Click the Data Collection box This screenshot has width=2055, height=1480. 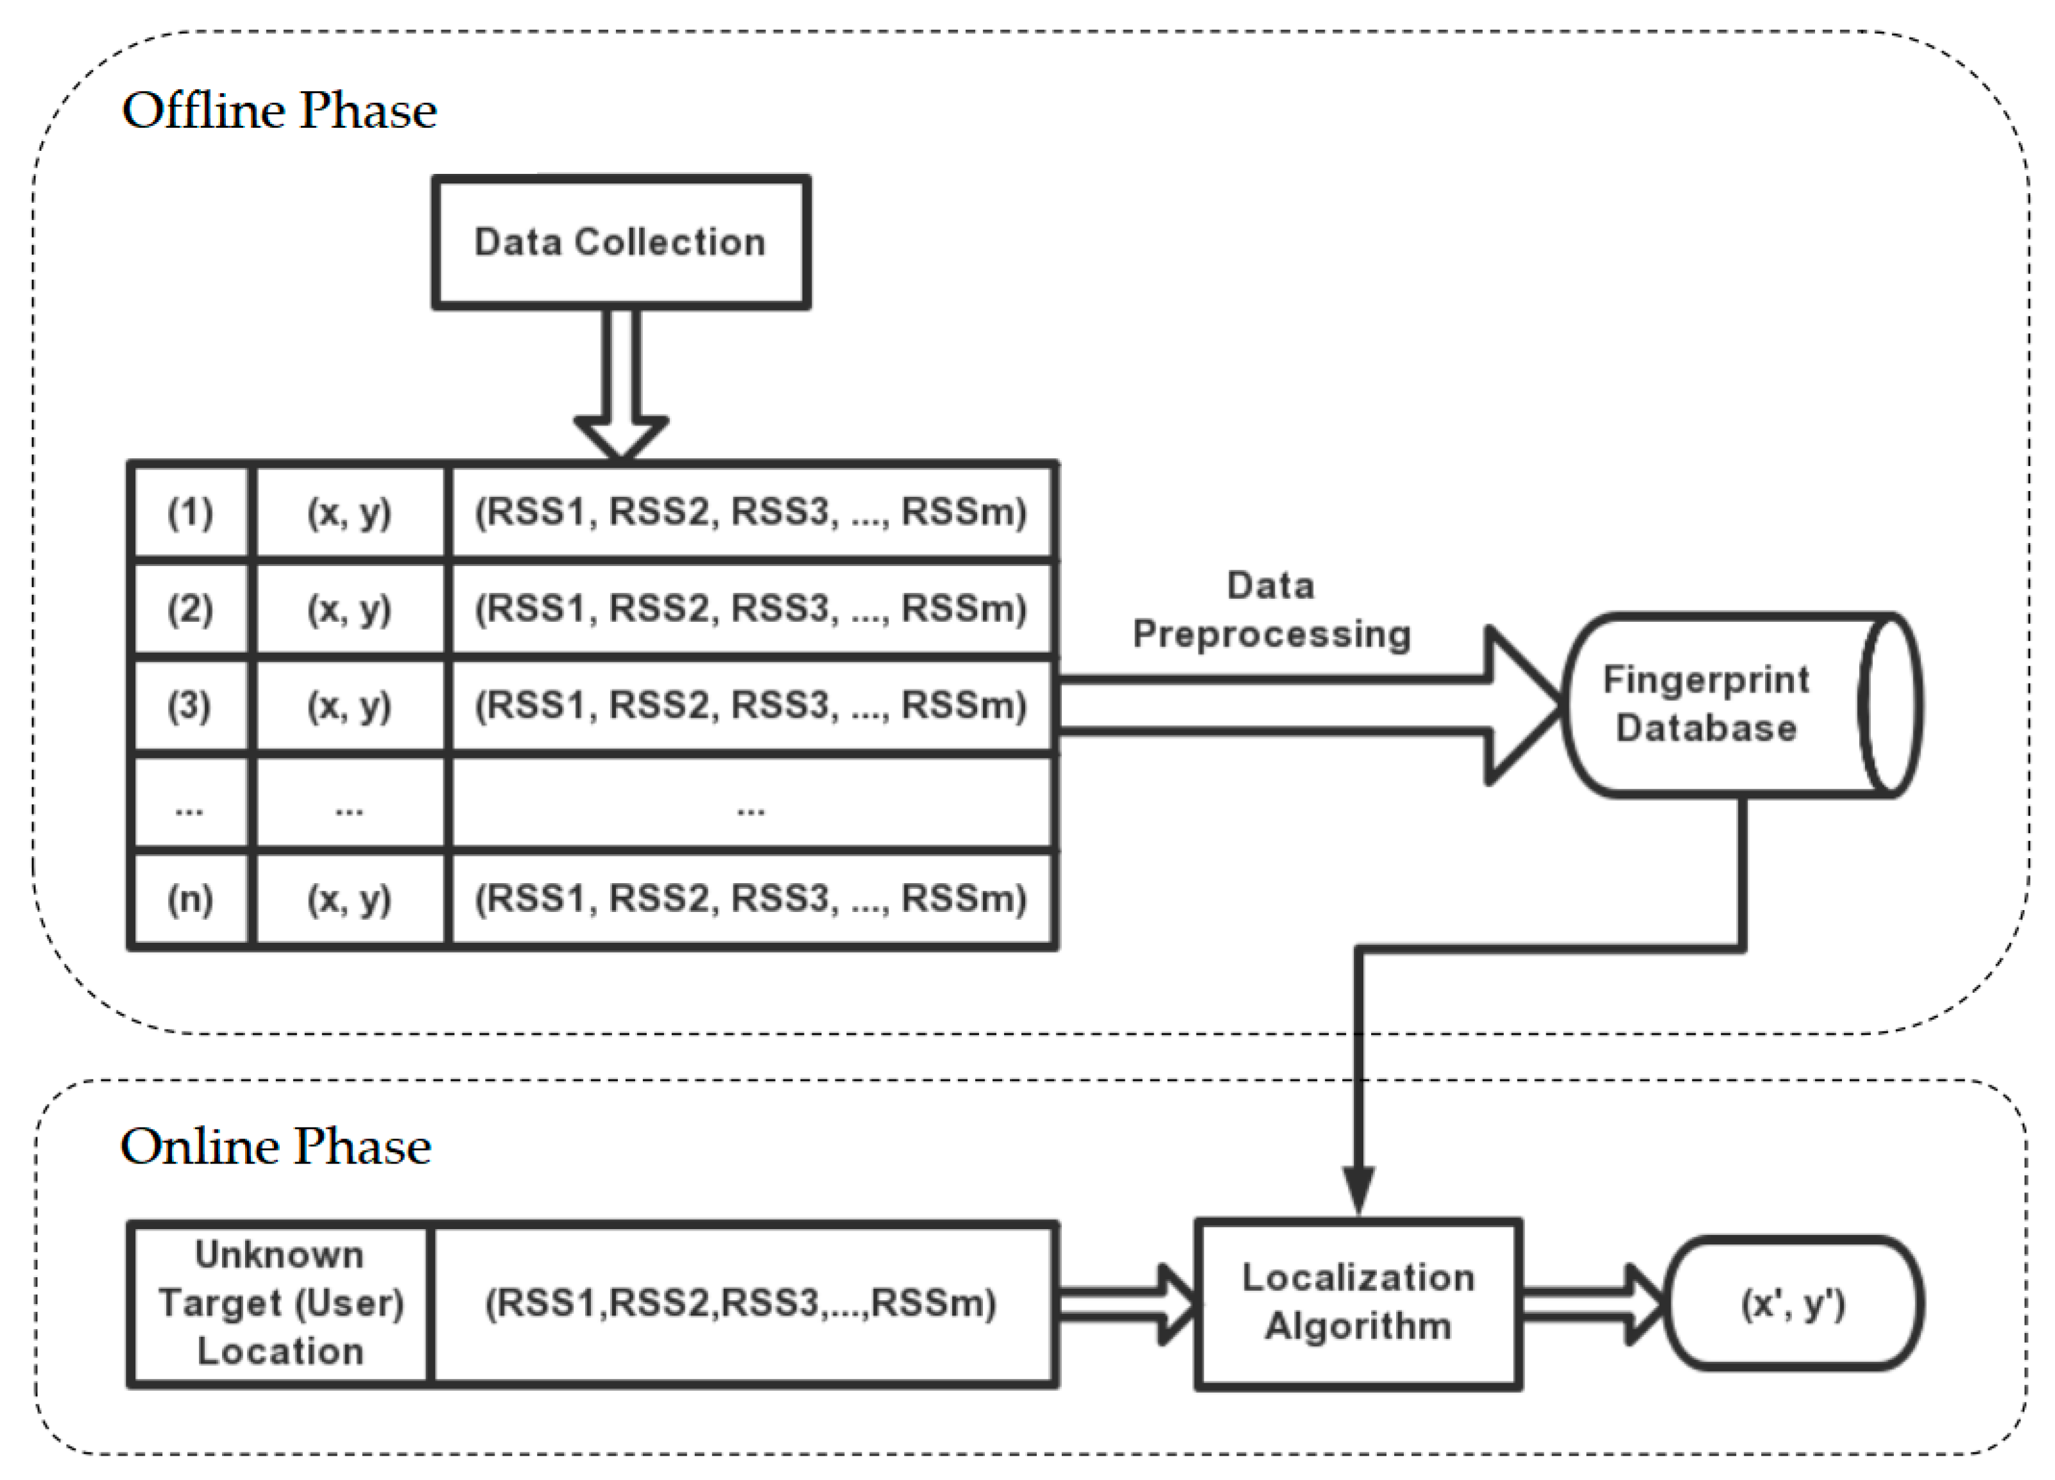(x=620, y=242)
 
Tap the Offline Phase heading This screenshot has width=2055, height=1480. (x=279, y=110)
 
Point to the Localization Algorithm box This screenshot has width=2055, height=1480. (x=1358, y=1302)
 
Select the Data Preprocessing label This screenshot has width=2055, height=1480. (x=1271, y=610)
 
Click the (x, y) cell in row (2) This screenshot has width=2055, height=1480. (x=350, y=608)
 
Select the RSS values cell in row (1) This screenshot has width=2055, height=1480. (x=751, y=512)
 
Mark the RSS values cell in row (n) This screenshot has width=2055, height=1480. (x=751, y=899)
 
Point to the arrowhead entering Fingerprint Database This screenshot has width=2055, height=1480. (x=1522, y=705)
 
